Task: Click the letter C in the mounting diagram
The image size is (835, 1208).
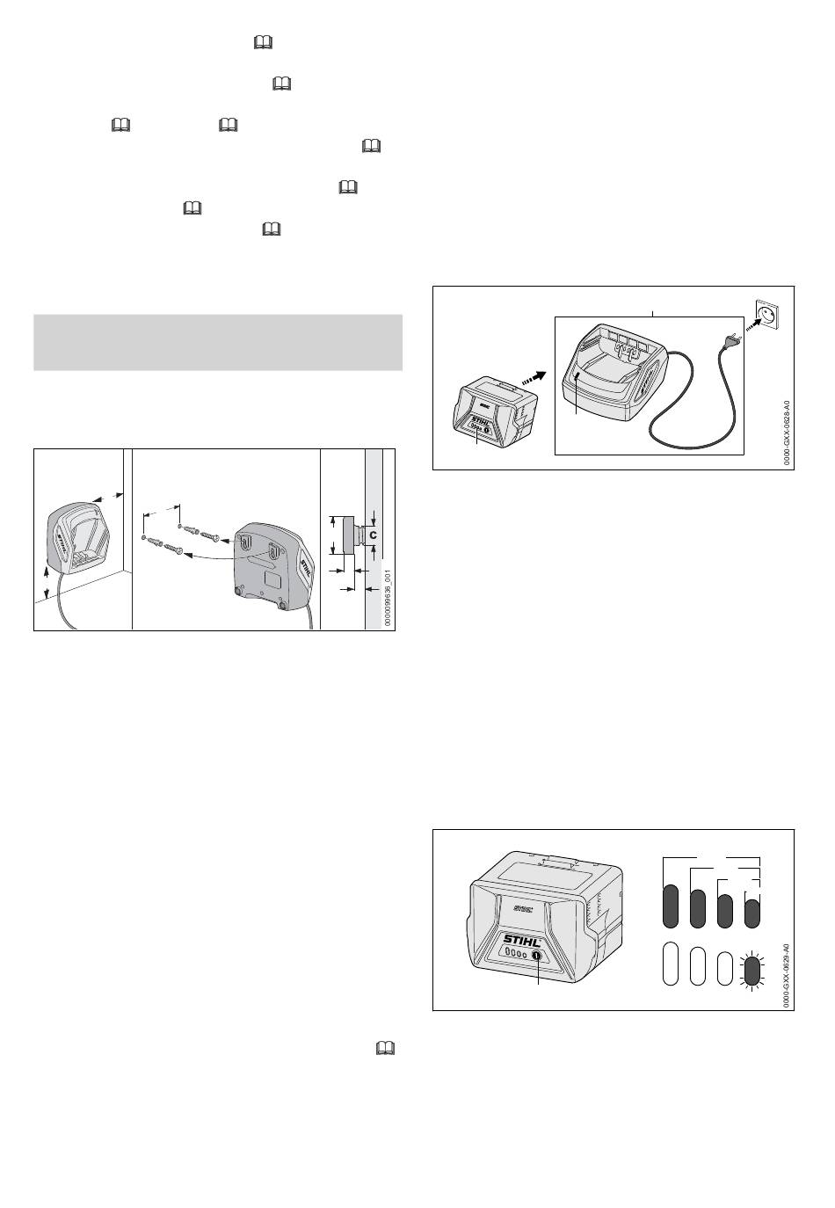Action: coord(373,534)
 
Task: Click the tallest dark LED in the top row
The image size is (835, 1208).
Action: coord(670,906)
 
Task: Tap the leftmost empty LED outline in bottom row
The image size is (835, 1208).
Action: coord(670,964)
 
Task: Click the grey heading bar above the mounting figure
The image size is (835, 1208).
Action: coord(218,342)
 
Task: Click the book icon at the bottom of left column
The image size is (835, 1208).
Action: coord(383,1048)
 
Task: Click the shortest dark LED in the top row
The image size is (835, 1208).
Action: coord(751,911)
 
